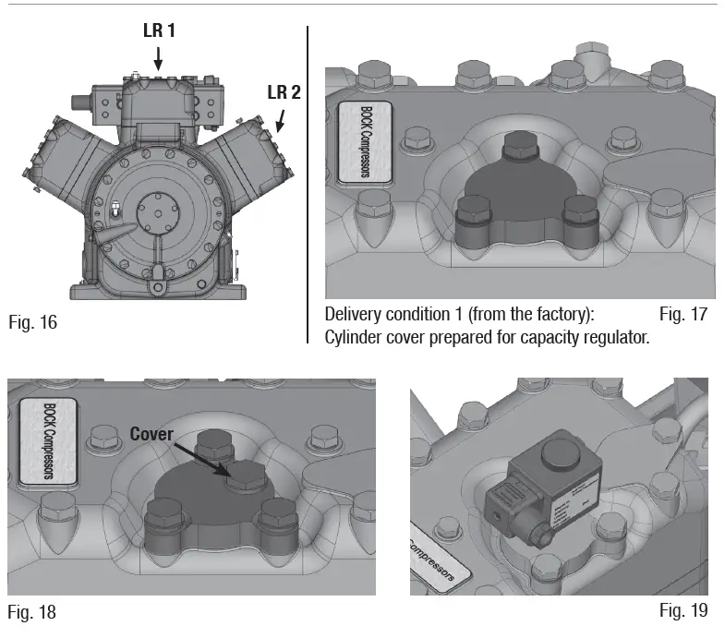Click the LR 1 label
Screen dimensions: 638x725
[158, 30]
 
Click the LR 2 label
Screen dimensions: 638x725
[284, 91]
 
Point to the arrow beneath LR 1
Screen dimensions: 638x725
[158, 58]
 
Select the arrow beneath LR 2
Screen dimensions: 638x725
[281, 118]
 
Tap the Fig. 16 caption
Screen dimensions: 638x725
[34, 323]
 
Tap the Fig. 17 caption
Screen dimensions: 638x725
[683, 315]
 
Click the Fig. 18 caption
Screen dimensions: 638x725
[32, 611]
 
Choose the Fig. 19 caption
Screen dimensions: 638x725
[683, 610]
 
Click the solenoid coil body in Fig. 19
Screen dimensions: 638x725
[526, 494]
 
